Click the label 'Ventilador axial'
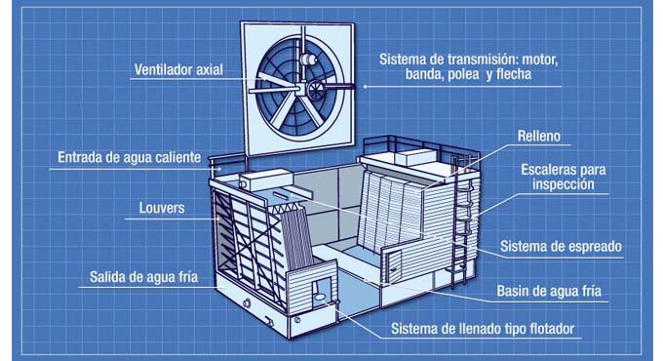click(178, 69)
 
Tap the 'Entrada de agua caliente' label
click(129, 157)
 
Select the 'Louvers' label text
click(162, 208)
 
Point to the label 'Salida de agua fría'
click(143, 277)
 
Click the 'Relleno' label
click(539, 136)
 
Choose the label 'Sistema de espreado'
click(561, 246)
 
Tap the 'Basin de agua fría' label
click(549, 291)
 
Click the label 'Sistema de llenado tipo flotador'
click(483, 329)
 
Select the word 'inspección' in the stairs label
click(564, 184)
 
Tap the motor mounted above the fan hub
click(308, 60)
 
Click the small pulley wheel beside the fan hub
click(316, 90)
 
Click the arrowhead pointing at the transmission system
click(365, 87)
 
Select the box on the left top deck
click(266, 180)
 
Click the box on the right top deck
click(417, 157)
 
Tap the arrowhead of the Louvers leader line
click(218, 219)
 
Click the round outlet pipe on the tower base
click(247, 303)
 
